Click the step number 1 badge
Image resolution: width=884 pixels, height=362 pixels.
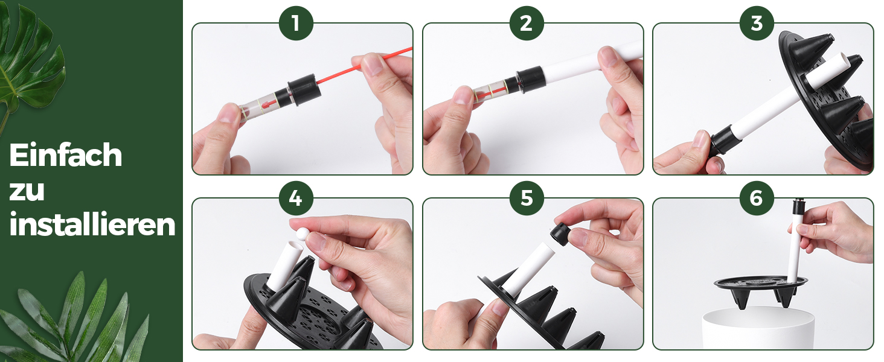[x=296, y=23]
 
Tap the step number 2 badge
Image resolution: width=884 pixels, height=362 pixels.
[x=527, y=23]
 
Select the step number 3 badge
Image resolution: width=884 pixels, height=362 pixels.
[x=757, y=23]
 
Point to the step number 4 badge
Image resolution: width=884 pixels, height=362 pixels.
[x=296, y=198]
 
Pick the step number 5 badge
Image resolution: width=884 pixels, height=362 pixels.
[x=527, y=198]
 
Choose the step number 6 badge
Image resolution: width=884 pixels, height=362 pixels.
[x=757, y=198]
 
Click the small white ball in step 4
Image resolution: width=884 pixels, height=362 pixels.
[x=303, y=235]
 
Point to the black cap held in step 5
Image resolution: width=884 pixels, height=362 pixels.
[x=560, y=234]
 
